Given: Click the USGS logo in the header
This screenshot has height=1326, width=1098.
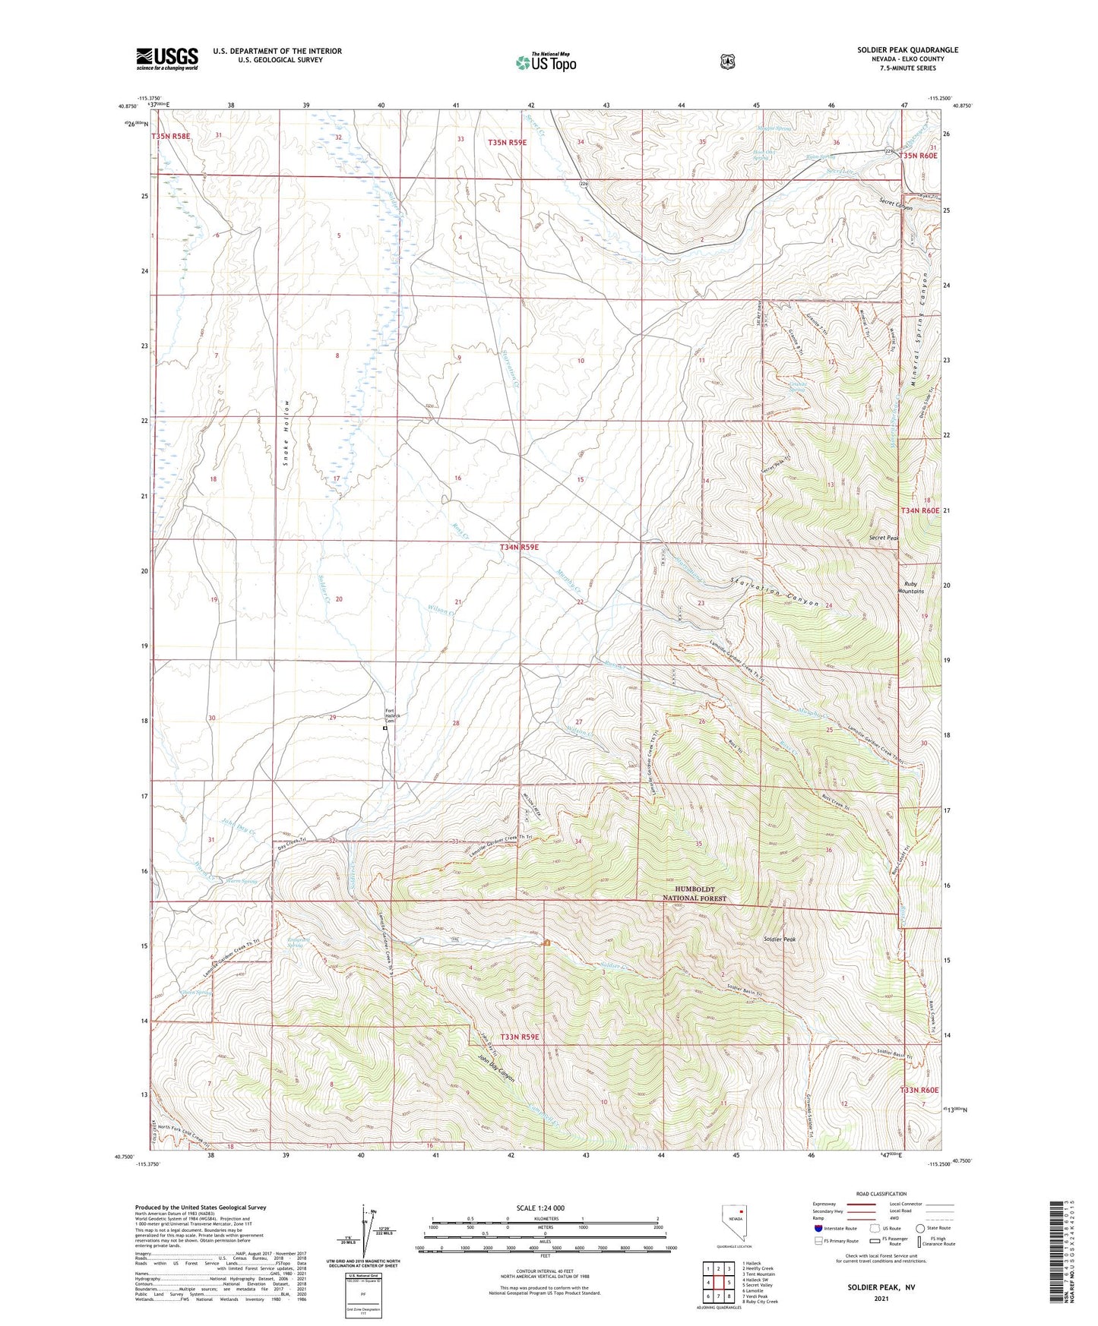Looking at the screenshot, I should click(166, 58).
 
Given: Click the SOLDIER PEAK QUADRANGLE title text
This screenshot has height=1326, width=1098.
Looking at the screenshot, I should click(907, 50).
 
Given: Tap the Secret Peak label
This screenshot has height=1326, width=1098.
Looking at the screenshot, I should click(884, 538).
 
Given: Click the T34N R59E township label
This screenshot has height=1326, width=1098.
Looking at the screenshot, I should click(519, 547).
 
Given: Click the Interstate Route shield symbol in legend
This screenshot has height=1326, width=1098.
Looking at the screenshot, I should click(818, 1227).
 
